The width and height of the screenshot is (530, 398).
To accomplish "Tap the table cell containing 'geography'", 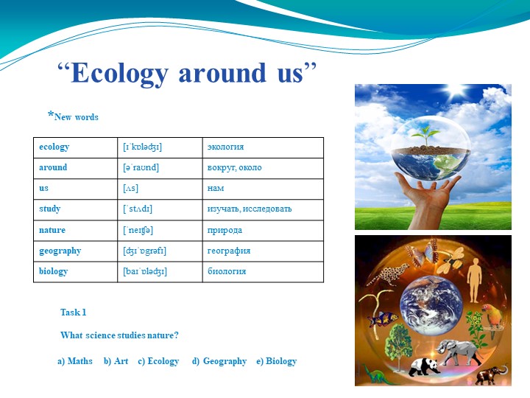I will (x=60, y=251).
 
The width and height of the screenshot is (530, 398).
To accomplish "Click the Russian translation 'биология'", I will (x=227, y=271).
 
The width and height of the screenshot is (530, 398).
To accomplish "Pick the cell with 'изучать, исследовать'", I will (x=250, y=209).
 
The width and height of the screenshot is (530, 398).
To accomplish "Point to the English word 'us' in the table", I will (x=44, y=189).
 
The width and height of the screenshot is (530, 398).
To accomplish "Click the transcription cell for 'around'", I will (x=141, y=167).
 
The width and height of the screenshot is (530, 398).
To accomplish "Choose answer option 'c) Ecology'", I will (x=158, y=361).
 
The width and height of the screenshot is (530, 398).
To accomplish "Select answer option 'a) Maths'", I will (x=75, y=361).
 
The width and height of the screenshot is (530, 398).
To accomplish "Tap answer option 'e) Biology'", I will (x=276, y=361).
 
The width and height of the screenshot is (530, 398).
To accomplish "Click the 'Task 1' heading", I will (x=74, y=313).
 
